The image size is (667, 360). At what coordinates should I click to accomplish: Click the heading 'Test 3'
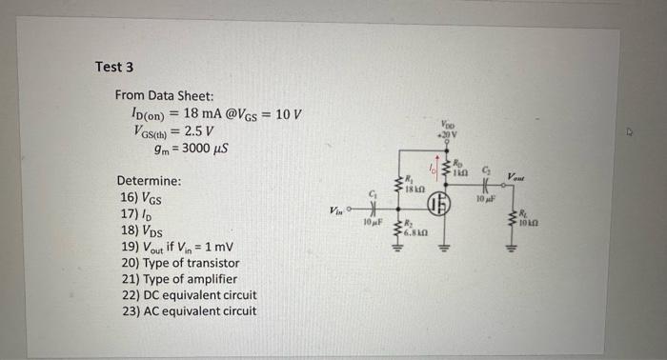coord(114,67)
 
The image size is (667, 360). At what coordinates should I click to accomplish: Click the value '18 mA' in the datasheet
coord(192,114)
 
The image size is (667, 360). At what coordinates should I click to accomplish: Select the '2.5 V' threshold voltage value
coord(200,131)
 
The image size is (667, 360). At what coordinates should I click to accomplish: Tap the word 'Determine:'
coord(149,181)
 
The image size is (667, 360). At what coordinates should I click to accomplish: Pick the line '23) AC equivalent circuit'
coord(187,310)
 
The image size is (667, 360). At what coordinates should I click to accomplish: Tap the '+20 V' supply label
coord(448,134)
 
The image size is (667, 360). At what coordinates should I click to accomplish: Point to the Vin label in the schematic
coord(334,210)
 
